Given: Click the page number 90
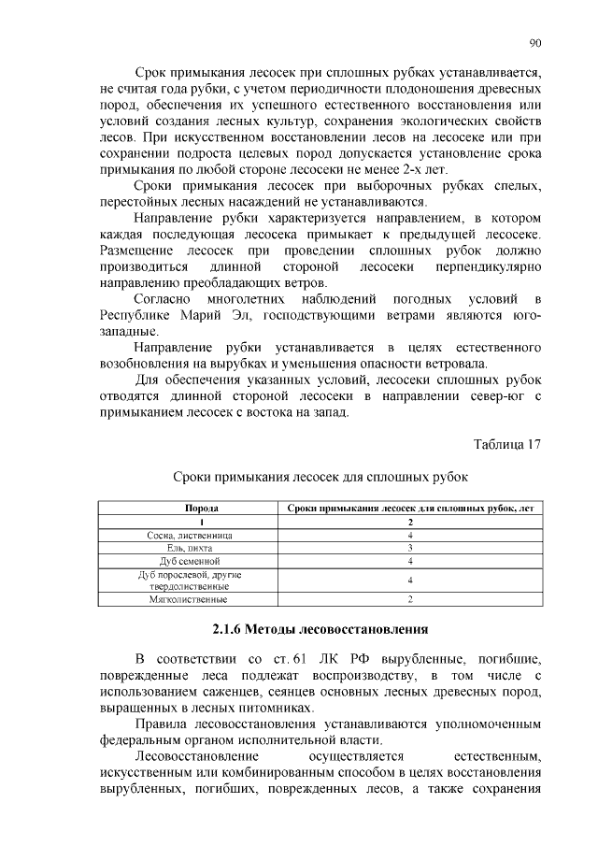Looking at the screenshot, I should click(x=535, y=42).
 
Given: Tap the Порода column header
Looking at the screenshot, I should click(x=191, y=508).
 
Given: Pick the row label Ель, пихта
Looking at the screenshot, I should click(x=191, y=547).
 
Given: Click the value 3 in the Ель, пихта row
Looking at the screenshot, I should click(x=410, y=547).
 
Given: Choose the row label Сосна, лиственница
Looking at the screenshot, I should click(x=191, y=534).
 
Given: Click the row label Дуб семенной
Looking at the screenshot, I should click(x=191, y=560).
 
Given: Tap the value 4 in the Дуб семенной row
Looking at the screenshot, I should click(x=410, y=560).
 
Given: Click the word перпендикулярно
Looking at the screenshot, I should click(x=489, y=266).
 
